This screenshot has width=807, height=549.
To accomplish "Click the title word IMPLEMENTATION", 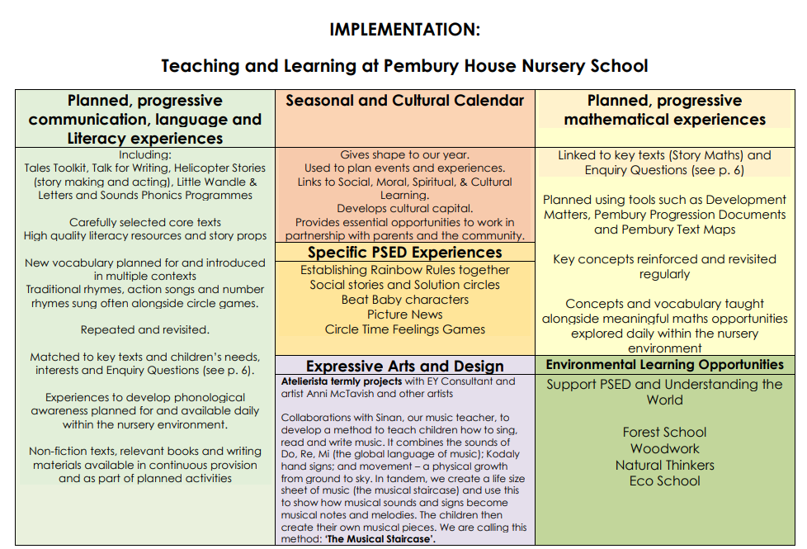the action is click(404, 30).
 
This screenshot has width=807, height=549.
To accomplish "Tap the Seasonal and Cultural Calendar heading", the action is click(405, 101).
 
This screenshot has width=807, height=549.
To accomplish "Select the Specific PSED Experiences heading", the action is click(405, 253).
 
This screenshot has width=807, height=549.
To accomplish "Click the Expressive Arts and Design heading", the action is click(405, 367).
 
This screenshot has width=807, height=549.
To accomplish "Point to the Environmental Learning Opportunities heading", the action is click(665, 365).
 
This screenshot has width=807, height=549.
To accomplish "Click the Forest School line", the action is click(664, 432).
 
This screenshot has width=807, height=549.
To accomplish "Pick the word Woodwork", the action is click(665, 448).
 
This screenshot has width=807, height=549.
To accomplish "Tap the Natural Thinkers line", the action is click(665, 465).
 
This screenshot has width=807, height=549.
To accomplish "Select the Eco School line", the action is click(665, 481).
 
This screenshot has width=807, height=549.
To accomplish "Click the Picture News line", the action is click(405, 315).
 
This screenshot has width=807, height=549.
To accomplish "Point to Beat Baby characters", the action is click(405, 300).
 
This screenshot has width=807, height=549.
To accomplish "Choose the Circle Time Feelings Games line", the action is click(405, 329).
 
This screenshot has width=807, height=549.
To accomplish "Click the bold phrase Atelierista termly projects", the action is click(342, 381).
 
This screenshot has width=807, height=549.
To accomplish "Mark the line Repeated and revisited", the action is click(145, 330).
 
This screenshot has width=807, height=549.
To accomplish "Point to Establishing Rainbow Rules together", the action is click(405, 270).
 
